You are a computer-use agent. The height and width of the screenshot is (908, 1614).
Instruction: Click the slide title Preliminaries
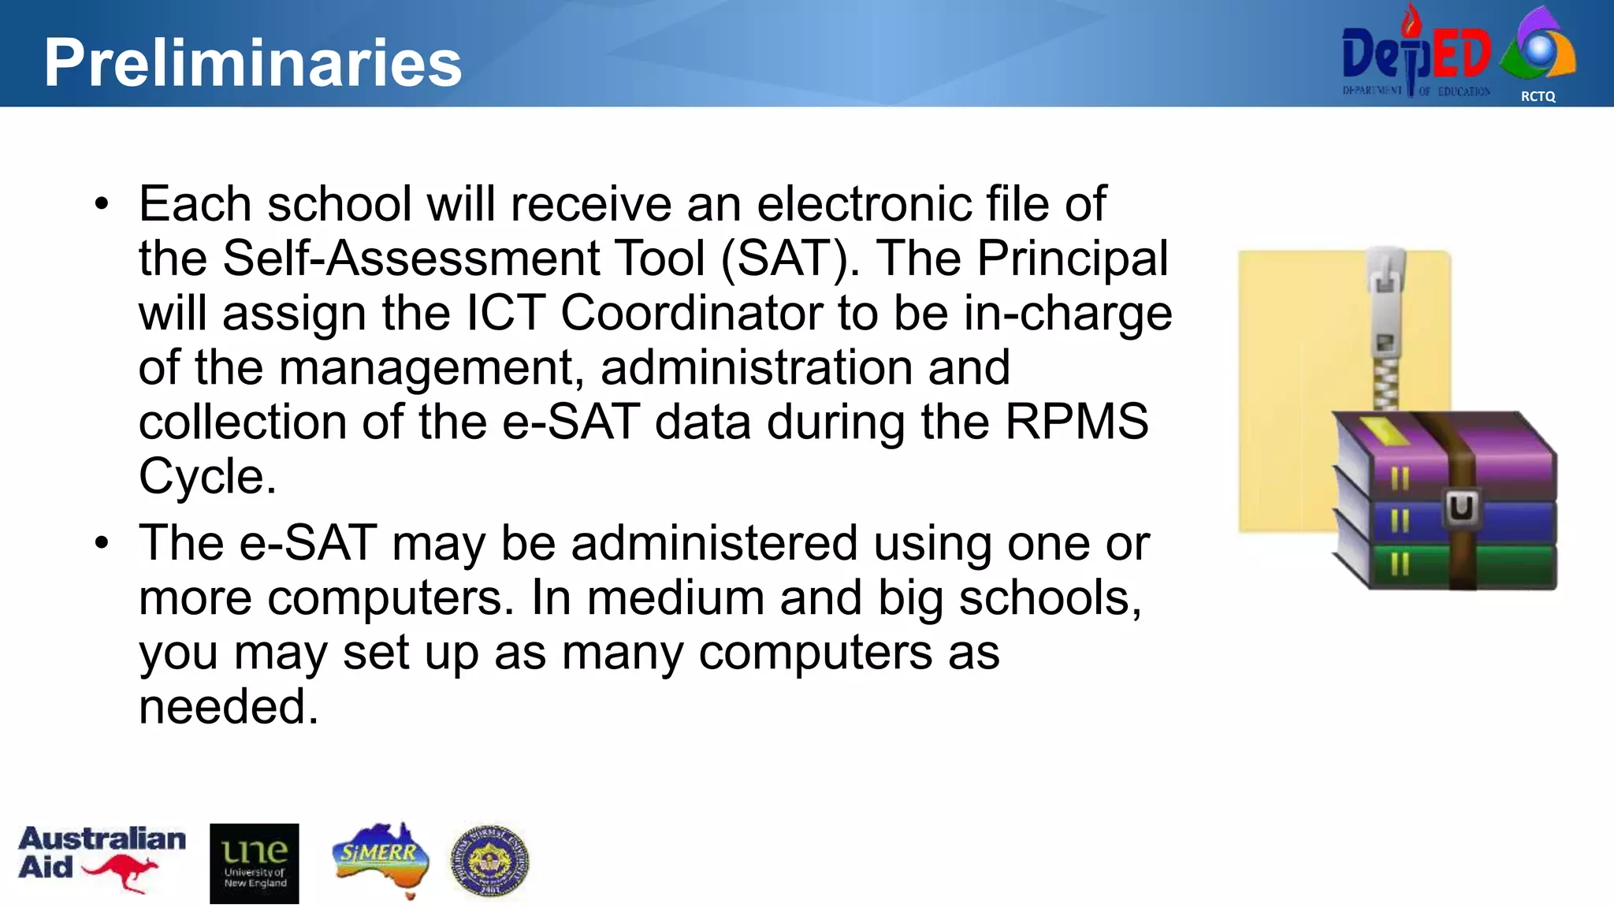(x=252, y=62)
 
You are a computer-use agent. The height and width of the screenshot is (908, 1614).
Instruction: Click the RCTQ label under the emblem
(x=1538, y=96)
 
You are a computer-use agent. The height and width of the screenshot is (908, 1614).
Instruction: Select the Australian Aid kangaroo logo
(x=102, y=858)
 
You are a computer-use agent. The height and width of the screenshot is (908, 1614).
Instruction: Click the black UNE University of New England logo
(x=255, y=863)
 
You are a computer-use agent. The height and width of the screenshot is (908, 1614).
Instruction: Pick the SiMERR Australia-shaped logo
(x=381, y=858)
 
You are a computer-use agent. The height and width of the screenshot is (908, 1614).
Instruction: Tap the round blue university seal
(x=489, y=861)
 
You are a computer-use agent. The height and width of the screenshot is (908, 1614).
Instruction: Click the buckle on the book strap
(x=1460, y=508)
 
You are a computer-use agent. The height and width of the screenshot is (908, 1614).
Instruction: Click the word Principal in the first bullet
(x=1073, y=258)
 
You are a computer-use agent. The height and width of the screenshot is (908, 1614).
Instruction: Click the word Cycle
(x=207, y=476)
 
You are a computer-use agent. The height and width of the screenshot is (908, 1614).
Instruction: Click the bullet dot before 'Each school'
(x=101, y=204)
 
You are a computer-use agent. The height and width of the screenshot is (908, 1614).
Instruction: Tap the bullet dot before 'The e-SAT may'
(x=101, y=543)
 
